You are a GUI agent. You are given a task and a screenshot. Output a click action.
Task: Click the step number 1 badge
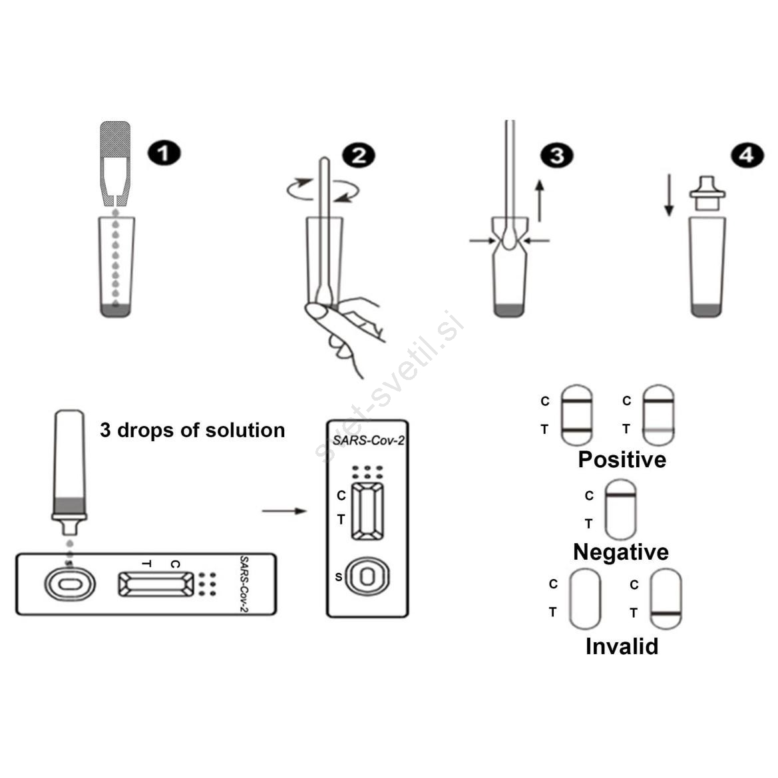coord(164,153)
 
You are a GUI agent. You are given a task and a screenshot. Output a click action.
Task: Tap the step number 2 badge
coord(359,155)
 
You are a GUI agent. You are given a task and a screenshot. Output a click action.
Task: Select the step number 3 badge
coord(556,156)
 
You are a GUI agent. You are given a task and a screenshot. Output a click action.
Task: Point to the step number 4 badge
coord(747,155)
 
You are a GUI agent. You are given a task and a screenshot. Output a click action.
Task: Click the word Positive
coord(622,459)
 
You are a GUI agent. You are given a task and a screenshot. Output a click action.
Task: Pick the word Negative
coord(621,552)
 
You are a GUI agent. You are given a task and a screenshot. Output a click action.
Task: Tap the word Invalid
coord(622,646)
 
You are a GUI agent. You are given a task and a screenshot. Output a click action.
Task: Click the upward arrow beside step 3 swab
coord(540,200)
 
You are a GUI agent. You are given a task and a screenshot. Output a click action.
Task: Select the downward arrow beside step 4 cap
coord(669,195)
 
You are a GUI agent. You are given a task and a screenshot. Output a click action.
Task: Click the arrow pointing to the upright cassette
coord(284,511)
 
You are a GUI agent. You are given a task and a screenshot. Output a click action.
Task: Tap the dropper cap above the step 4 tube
coord(707,193)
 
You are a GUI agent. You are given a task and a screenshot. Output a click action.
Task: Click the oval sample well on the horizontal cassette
coord(69,584)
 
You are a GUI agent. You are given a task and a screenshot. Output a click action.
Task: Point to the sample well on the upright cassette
coord(367,576)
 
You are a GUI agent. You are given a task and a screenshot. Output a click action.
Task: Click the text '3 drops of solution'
coord(192,430)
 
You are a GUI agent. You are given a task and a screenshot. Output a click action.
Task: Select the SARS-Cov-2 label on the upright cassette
coord(369,441)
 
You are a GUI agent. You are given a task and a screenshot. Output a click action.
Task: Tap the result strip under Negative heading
coord(620,510)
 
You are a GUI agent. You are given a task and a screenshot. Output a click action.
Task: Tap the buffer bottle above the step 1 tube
coord(115,164)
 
